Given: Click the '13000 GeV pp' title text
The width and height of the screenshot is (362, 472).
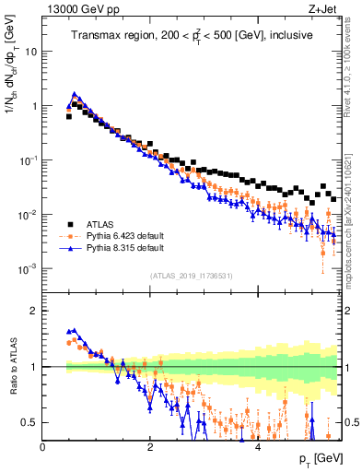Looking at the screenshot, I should coord(76,10).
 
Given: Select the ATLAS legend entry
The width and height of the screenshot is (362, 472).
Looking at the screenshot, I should coord(102,223).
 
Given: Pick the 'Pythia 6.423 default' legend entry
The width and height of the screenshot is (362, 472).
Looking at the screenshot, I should coord(127,236).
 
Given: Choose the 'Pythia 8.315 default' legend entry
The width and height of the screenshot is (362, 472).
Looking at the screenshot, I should coord(127,249).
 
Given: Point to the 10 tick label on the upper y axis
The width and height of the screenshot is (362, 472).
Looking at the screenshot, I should coord(31,52).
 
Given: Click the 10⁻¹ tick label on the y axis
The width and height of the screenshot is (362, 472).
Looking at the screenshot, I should coord(28,160).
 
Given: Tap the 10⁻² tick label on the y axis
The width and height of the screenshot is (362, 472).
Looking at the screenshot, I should coord(28,215).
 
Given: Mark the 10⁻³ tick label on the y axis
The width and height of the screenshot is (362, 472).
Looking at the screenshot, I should coord(28,269).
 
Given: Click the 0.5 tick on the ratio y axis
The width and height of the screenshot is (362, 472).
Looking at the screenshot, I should coord(29,422).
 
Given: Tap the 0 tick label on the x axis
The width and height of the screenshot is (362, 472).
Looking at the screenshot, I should coord(43,446).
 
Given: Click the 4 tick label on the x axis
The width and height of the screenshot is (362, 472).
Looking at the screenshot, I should coord(258,446).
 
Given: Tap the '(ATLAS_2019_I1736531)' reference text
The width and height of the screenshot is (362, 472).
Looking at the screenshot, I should coord(192,276).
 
